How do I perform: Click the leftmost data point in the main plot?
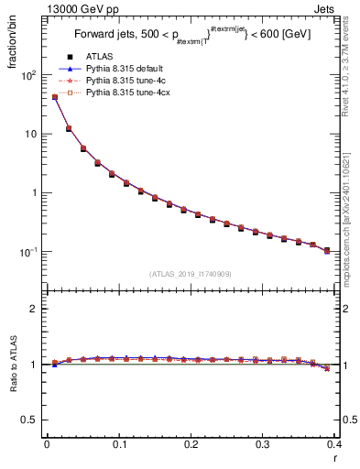pos(54,97)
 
